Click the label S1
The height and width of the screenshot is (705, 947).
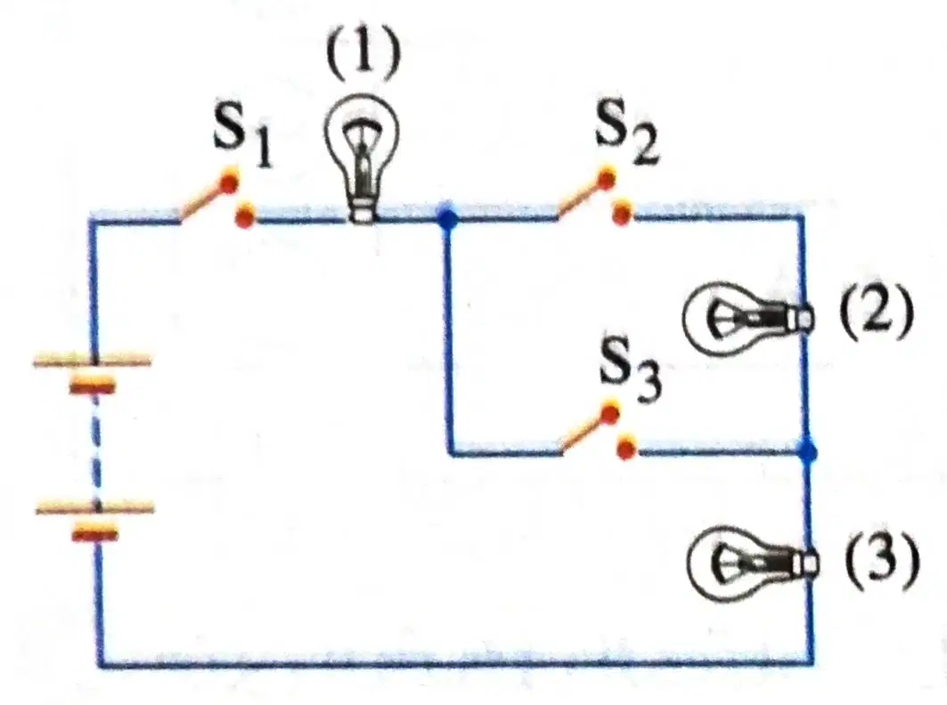tap(243, 140)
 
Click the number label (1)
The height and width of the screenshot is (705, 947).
tap(363, 53)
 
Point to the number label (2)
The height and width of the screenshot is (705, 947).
tap(874, 313)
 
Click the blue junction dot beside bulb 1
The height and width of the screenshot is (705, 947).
tap(447, 219)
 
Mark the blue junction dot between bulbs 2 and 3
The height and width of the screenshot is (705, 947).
tap(807, 451)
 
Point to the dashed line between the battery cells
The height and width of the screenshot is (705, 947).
tap(96, 448)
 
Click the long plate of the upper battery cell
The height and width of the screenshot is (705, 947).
tap(92, 361)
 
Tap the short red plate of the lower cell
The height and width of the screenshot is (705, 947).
tap(94, 533)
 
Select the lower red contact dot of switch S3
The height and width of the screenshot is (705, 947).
tap(627, 449)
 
